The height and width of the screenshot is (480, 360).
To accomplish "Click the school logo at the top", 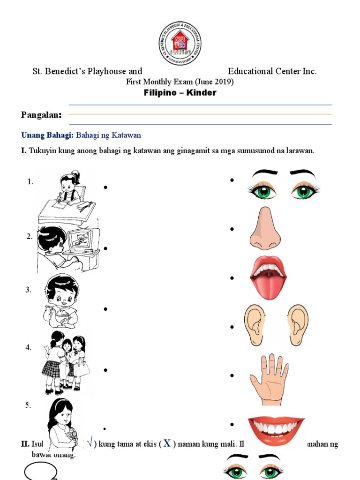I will tap(180, 43).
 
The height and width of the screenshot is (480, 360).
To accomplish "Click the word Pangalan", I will tap(41, 115).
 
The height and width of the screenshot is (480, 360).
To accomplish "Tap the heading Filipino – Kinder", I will tap(180, 92).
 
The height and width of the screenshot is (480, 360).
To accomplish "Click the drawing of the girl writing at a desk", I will tap(67, 197).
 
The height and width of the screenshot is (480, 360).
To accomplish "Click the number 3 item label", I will tap(28, 290).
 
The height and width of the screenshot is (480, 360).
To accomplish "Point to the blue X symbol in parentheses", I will tap(166, 443).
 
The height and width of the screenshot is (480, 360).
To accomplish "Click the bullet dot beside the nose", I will tap(232, 229).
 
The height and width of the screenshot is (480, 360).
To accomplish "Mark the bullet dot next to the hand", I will tap(232, 375).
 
